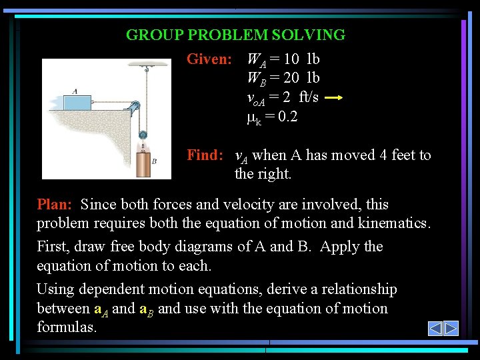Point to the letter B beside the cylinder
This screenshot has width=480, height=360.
[x=154, y=161]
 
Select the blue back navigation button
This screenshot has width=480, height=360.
[x=435, y=328]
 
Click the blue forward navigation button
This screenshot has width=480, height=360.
[x=451, y=328]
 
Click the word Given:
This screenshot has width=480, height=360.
[x=209, y=59]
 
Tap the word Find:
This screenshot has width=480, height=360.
[x=205, y=155]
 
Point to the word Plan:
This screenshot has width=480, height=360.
[x=56, y=204]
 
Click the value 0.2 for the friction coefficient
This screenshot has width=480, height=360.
[x=287, y=117]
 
